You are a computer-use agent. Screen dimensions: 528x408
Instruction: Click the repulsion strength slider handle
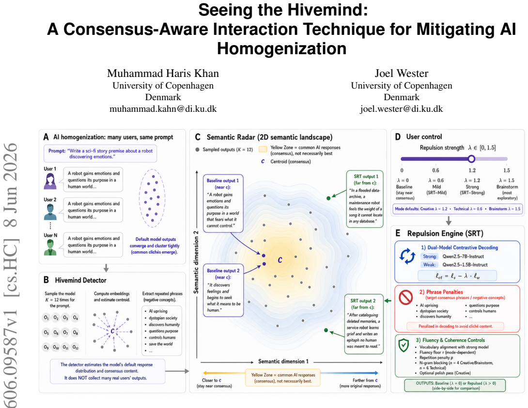pos(471,159)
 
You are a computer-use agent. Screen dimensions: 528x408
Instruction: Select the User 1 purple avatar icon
pos(50,181)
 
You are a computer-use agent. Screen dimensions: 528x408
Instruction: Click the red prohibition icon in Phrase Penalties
pos(406,297)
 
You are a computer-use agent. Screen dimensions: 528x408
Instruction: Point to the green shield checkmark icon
pos(404,345)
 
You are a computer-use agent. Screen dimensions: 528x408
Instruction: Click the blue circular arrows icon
pos(407,256)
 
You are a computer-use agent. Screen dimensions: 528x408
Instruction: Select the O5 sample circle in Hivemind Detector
pos(46,332)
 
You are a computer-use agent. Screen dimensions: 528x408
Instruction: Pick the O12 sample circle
pos(76,347)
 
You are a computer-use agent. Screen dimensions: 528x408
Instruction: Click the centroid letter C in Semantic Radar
pos(280,260)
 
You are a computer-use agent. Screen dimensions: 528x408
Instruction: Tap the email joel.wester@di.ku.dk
pos(402,108)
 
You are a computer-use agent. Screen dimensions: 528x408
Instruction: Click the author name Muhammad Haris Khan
pos(163,74)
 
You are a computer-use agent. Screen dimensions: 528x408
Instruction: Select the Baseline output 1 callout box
pos(223,203)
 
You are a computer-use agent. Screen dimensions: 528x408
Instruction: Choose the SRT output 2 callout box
pos(364,324)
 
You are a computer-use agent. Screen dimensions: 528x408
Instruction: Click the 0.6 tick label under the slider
pos(436,170)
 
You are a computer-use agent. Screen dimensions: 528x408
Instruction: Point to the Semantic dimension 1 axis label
pos(283,361)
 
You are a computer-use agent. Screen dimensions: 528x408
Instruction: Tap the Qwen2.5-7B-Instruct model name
pos(463,257)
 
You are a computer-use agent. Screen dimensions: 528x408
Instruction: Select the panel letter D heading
pos(398,137)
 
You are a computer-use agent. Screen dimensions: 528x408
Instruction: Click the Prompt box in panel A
pos(100,154)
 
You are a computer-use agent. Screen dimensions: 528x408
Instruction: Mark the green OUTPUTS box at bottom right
pos(455,385)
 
